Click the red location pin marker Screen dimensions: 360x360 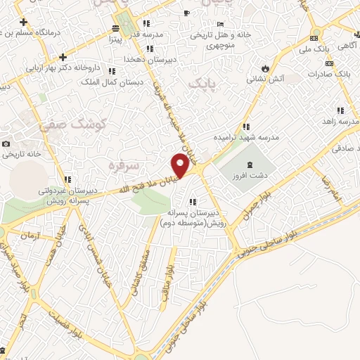(181, 166)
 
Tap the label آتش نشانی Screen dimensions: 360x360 (264, 79)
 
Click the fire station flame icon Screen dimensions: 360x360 (265, 68)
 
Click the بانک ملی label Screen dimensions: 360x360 (314, 49)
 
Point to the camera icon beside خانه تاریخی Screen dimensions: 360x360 (6, 143)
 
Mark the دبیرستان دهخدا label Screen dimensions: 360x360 (144, 60)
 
